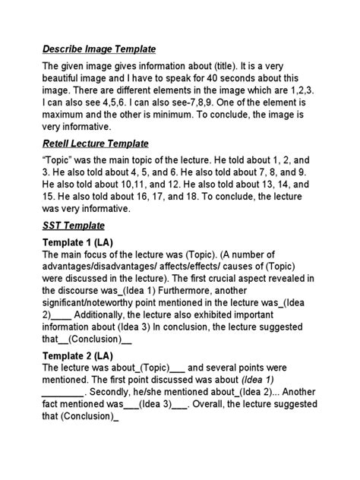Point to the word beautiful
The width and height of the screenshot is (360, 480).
click(x=66, y=81)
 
